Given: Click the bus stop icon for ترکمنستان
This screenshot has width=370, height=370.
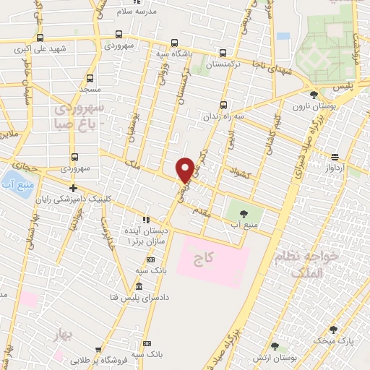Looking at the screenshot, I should [x=223, y=53].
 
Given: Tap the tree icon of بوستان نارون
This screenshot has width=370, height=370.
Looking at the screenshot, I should [x=314, y=94].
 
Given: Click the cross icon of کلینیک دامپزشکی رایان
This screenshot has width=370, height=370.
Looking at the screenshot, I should [x=73, y=188].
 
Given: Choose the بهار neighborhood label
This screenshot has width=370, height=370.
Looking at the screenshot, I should [x=64, y=334].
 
